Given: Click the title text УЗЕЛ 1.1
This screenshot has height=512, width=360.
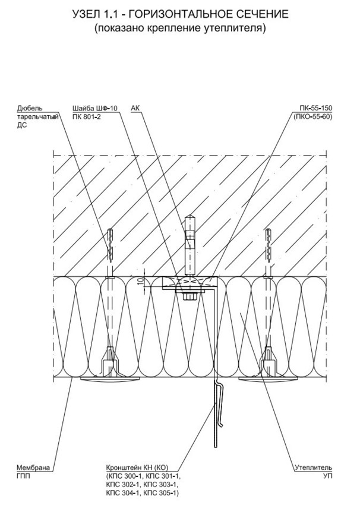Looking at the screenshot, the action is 99,14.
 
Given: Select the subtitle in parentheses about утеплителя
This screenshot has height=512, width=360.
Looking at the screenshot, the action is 180,28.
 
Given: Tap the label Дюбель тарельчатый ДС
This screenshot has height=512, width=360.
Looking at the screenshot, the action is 37,117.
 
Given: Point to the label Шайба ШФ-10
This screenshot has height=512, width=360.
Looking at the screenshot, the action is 94,109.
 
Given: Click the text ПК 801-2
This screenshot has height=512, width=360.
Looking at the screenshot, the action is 86,116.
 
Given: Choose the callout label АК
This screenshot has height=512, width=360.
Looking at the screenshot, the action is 135,109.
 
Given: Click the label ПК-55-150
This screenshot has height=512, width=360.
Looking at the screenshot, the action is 315,109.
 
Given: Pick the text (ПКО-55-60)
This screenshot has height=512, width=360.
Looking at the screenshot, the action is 313,116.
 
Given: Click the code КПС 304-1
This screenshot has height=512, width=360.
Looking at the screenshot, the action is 122,493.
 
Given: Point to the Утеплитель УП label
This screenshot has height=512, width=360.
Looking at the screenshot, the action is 313,472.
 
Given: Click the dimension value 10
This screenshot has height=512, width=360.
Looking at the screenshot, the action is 140,282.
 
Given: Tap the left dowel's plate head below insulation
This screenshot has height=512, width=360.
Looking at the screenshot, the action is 109,380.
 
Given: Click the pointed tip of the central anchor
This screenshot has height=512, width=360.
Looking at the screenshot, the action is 190,216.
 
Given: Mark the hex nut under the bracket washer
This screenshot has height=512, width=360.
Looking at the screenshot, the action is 190,296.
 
